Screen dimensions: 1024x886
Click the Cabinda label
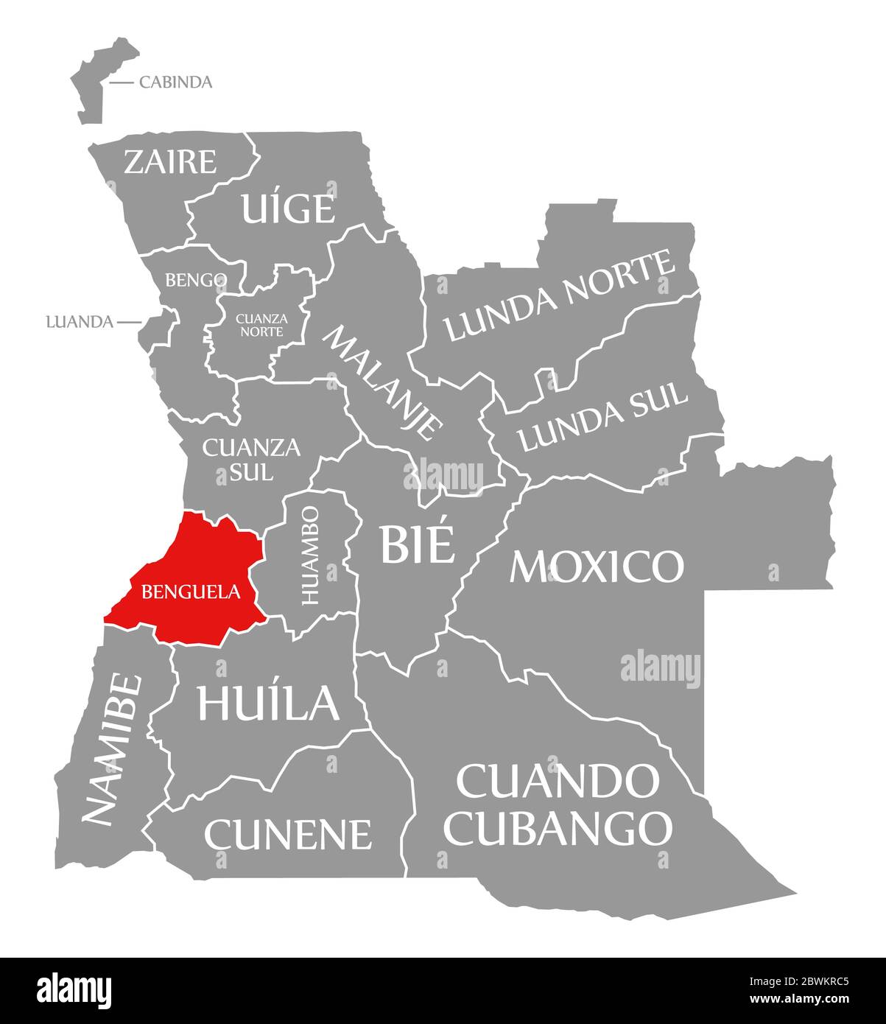(x=175, y=82)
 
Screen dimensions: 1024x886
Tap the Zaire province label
(x=170, y=161)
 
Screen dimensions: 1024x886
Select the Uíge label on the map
(x=288, y=208)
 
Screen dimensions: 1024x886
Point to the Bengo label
(x=195, y=280)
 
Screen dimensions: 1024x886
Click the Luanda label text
(x=79, y=322)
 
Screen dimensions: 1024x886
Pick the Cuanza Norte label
(x=261, y=325)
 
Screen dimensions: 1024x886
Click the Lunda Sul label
(x=602, y=418)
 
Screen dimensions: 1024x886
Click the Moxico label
(x=597, y=566)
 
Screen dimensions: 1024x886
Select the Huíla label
(x=268, y=703)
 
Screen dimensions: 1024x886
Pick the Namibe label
(x=111, y=748)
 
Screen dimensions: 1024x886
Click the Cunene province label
(x=288, y=834)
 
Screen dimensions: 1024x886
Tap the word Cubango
(x=560, y=827)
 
